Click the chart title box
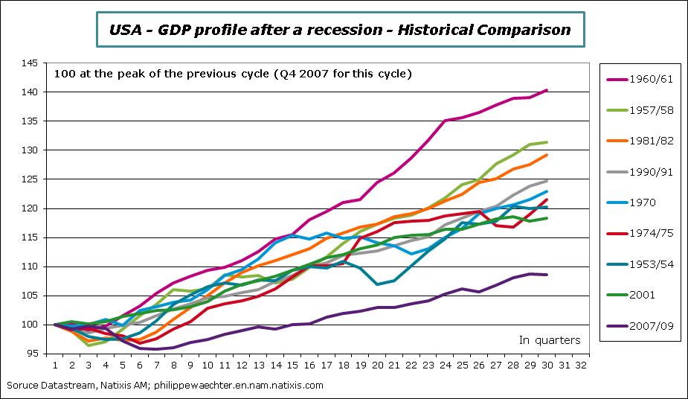click(x=341, y=31)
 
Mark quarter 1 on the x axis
click(x=55, y=366)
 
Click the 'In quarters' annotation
click(x=549, y=340)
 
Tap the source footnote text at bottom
click(x=164, y=386)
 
